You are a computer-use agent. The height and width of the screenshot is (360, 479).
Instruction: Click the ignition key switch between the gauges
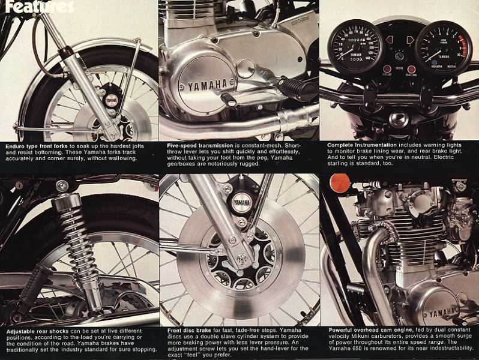click(x=399, y=56)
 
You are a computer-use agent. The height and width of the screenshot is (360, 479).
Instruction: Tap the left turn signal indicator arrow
click(x=389, y=40)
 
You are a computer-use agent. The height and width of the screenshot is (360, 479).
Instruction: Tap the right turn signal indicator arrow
click(x=409, y=40)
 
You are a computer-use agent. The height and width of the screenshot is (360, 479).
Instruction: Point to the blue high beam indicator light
click(x=434, y=63)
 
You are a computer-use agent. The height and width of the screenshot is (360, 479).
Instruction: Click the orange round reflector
click(x=340, y=183)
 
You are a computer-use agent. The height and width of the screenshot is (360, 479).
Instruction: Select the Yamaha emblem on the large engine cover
click(x=208, y=85)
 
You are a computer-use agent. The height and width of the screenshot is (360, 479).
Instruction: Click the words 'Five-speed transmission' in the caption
click(x=200, y=146)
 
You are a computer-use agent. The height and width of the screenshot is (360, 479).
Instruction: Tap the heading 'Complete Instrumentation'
click(x=362, y=145)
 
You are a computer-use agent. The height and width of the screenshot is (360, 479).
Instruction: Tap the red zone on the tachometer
click(x=464, y=46)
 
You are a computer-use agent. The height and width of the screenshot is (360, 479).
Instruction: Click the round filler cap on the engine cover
click(x=246, y=68)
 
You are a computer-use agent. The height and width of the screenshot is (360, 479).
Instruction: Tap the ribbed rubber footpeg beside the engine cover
click(x=294, y=88)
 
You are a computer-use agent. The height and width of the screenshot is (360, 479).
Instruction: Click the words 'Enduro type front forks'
click(x=37, y=146)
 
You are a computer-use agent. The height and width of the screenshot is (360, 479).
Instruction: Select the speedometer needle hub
click(x=355, y=47)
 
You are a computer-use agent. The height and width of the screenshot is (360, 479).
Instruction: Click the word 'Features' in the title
click(x=40, y=7)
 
